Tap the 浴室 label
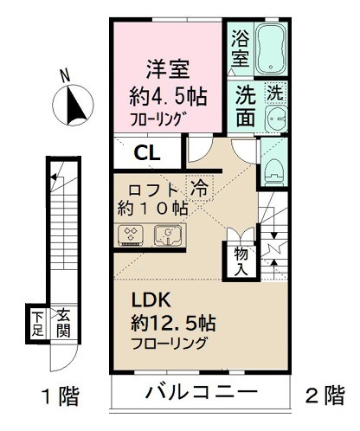coord(240,50)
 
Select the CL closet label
coord(145,154)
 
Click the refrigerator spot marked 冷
coord(199,187)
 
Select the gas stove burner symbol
coord(131,235)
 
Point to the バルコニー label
coord(200,393)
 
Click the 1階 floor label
coord(61,397)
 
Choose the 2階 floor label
coord(325,396)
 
